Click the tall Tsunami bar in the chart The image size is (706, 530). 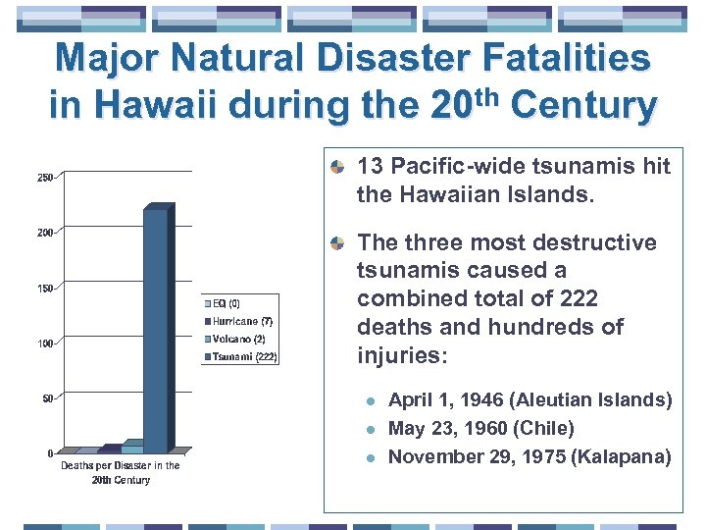coord(157,329)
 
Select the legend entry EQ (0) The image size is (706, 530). coord(227,303)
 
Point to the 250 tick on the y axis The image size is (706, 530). coord(45,178)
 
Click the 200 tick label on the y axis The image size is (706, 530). coord(45,233)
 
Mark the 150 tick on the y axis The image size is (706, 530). coord(45,289)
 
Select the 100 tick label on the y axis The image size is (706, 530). coord(45,344)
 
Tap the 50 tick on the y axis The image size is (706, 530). coord(47,398)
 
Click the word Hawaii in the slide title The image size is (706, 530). coord(147,105)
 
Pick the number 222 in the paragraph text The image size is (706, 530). coord(580,298)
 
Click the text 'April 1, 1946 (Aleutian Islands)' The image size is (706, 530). coord(529,400)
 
